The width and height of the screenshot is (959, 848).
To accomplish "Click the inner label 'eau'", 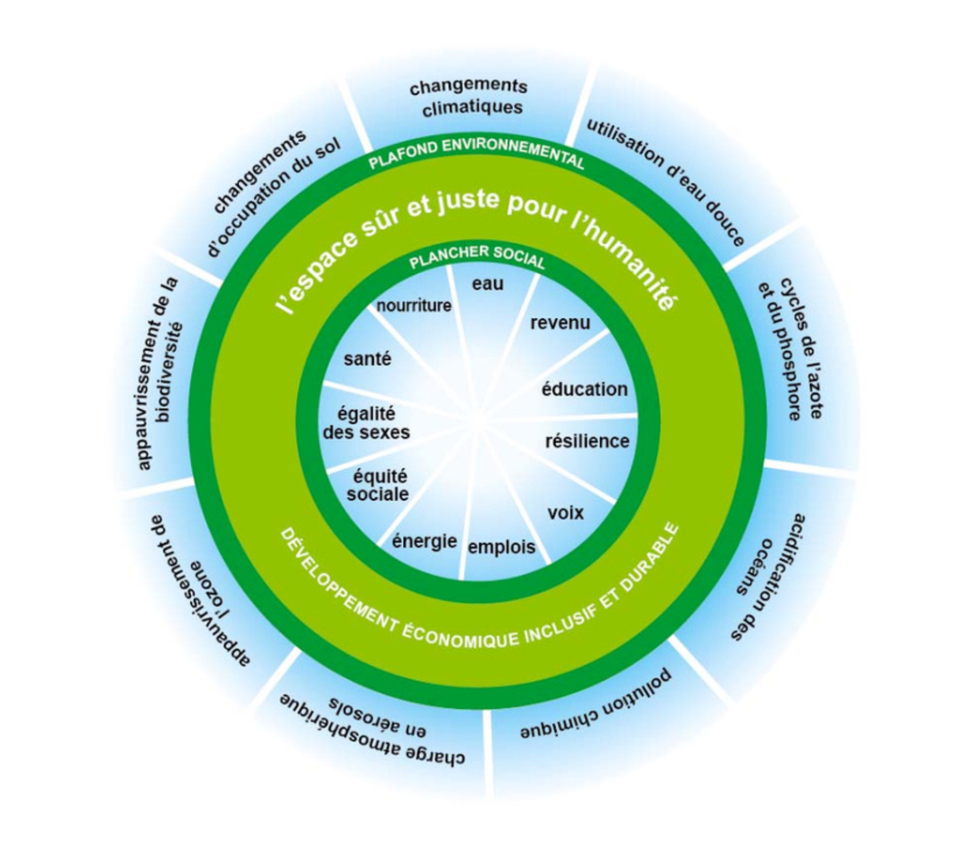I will pos(488,284).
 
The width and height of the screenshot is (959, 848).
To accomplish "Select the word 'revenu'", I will pos(560,323).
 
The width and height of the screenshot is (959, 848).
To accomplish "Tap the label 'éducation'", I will pos(584,389).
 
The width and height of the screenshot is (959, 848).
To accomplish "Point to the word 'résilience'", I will pos(587,441).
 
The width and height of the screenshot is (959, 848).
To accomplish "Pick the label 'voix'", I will pos(566,513).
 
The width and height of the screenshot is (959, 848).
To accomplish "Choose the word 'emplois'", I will pos(501,547).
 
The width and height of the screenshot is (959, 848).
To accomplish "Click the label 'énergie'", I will pos(424,541).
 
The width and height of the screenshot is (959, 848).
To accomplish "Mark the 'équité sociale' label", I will pos(378,485).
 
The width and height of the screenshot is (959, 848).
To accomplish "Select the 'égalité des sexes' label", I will pos(366,423).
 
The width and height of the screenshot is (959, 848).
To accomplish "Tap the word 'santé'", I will pos(367,359).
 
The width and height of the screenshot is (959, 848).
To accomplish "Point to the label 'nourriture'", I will pos(414,306).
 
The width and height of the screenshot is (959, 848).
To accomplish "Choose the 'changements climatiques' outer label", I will pos(469,97).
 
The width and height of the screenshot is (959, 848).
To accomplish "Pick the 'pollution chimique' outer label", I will pos(596,705).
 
